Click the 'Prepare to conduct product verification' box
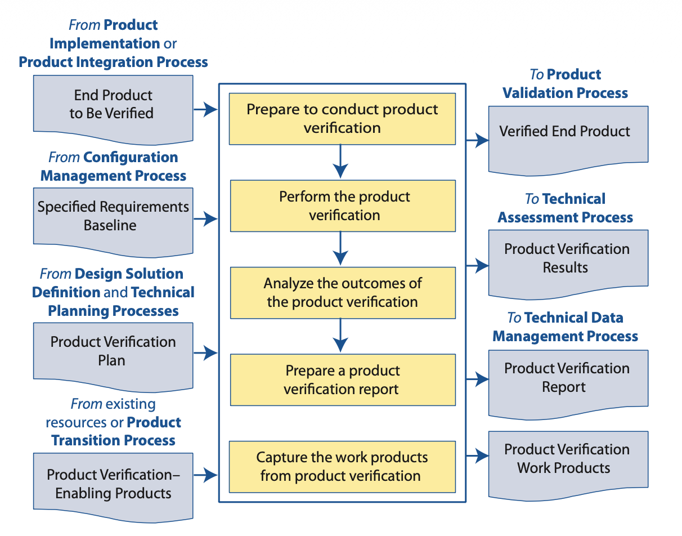342,119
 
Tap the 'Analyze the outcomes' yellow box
342,293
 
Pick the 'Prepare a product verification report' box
342,379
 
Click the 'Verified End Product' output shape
567,135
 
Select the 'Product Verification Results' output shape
567,260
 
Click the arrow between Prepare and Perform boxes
340,162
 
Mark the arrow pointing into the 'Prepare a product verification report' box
340,336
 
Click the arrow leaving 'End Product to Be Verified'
206,110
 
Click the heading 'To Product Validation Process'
565,84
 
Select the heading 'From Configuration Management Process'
113,167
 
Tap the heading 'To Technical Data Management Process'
565,327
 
